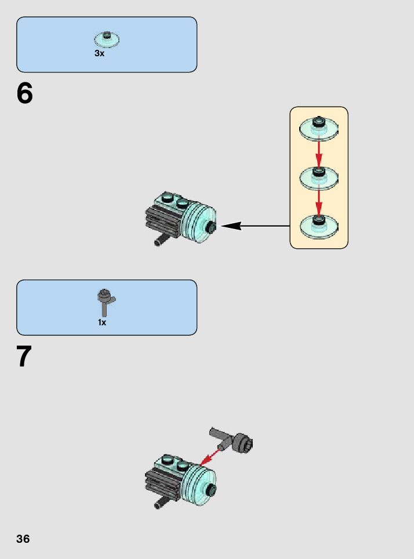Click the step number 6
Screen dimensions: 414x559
coord(25,93)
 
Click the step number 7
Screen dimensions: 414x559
coord(24,357)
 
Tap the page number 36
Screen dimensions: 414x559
coord(23,539)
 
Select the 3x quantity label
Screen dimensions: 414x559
coord(99,53)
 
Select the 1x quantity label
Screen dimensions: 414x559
coord(102,322)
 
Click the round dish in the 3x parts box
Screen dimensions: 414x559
coord(107,39)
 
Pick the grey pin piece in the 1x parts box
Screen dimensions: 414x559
coord(106,302)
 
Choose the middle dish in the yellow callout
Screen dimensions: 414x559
coord(318,177)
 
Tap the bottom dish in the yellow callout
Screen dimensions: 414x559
coord(318,225)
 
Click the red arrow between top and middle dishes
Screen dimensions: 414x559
coord(318,153)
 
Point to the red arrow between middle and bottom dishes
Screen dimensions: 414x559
coord(318,201)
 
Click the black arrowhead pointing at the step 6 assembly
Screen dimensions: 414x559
coord(231,226)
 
